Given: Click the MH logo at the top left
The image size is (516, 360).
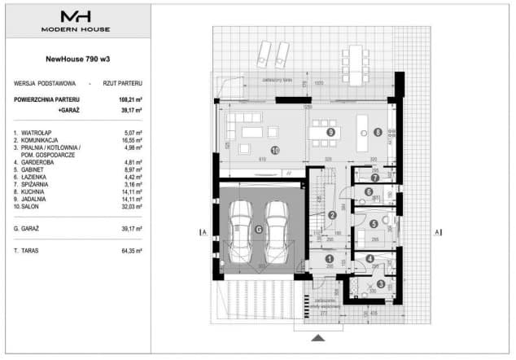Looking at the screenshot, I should [76, 16].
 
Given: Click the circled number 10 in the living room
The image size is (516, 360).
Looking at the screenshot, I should [274, 151].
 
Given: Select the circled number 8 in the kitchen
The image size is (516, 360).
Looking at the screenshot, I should [378, 132].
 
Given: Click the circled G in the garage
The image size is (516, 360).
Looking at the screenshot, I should [258, 230].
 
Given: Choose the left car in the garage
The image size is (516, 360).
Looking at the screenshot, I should [242, 228].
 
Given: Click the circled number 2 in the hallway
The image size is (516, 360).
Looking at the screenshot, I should [332, 216].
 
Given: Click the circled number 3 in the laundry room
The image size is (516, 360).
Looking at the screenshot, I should [380, 283].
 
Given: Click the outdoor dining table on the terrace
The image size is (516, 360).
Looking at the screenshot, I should [356, 56].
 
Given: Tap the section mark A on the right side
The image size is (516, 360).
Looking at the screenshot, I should [439, 232].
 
